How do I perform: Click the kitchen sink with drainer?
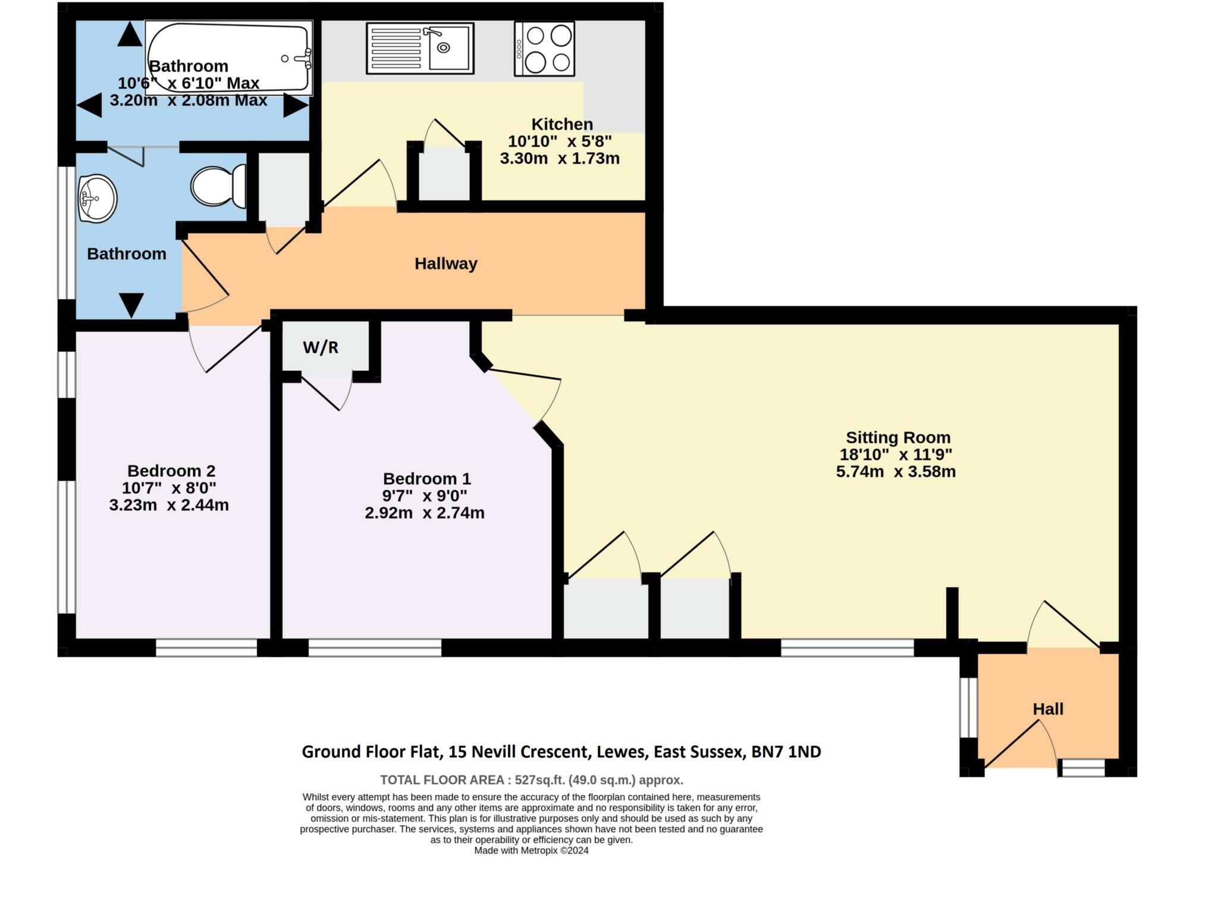(420, 48)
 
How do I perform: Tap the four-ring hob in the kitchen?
(544, 49)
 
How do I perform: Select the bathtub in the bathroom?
(229, 58)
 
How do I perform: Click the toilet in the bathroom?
(219, 186)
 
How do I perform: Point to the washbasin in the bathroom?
(97, 199)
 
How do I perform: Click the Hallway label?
(446, 263)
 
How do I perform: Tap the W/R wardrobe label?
(321, 348)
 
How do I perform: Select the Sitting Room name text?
(898, 438)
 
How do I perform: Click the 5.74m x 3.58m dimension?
(896, 472)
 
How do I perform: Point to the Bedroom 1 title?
(426, 479)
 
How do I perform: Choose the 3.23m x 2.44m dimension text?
(169, 505)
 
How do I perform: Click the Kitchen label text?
(562, 124)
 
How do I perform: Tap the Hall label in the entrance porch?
(1048, 709)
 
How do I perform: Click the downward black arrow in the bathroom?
(131, 305)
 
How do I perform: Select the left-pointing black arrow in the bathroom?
(89, 106)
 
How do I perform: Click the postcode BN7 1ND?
(786, 752)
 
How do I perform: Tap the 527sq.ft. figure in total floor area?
(540, 780)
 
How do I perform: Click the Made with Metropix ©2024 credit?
(531, 850)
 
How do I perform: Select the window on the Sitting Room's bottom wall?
(847, 648)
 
